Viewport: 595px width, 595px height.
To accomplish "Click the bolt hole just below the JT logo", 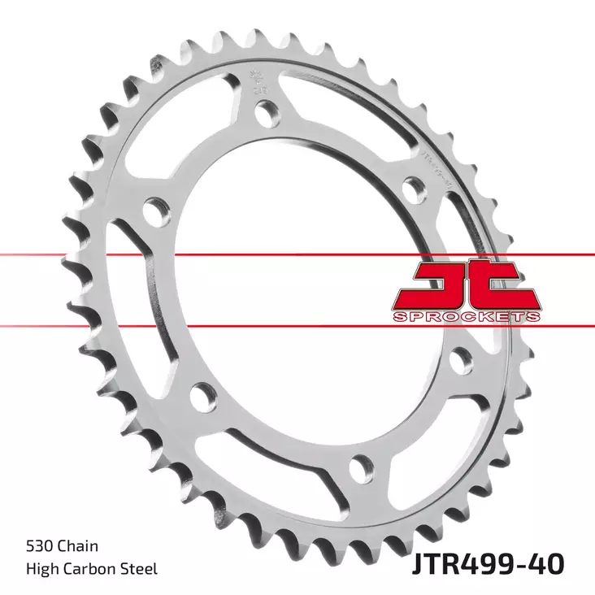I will [x=461, y=357].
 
